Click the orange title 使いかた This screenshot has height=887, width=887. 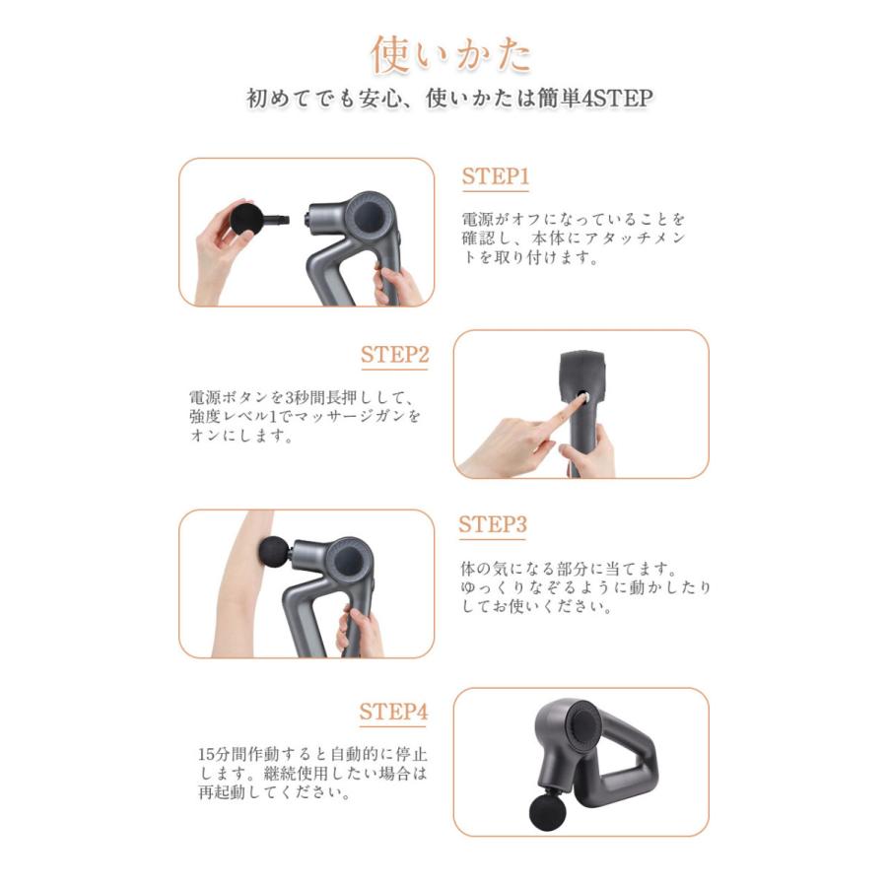coord(451,55)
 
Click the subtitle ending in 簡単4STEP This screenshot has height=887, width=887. coord(449,100)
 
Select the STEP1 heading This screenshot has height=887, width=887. coord(496,177)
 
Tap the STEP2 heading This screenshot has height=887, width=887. coord(394,356)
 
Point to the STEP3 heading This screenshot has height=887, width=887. coord(493,525)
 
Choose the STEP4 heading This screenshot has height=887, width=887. coord(393,712)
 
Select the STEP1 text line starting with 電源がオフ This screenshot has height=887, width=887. coord(574,219)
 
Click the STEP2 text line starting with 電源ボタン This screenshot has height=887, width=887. coord(306,398)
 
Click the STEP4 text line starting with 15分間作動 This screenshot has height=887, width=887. coord(312,755)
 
